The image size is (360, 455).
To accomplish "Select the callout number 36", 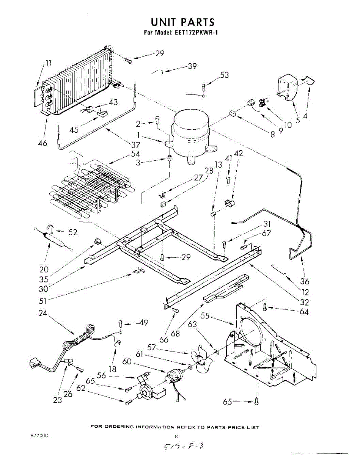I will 304,281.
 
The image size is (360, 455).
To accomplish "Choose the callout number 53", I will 225,75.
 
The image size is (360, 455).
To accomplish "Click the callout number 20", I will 44,270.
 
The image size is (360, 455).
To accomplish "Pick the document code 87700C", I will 39,436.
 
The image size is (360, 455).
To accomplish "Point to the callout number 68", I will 175,333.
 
